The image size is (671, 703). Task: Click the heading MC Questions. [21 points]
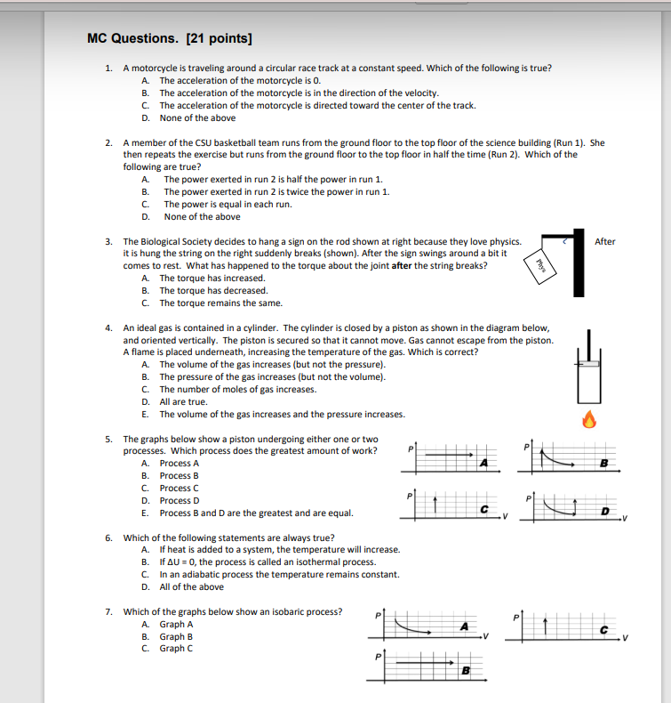click(169, 38)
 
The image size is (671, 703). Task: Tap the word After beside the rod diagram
click(604, 241)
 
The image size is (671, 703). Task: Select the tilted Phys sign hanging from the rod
click(538, 265)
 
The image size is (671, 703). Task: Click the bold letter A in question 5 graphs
click(483, 463)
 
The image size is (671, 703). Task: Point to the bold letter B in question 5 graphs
click(603, 463)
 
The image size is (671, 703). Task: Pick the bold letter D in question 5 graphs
click(603, 510)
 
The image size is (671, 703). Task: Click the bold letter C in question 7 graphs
click(603, 630)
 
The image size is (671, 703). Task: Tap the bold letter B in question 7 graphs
click(464, 669)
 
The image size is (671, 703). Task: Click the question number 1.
click(108, 68)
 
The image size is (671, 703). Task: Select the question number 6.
click(108, 537)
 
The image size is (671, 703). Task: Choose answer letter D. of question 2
click(145, 216)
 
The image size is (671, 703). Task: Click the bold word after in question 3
click(404, 265)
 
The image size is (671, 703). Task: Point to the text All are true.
click(183, 401)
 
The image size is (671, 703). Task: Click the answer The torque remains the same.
click(213, 303)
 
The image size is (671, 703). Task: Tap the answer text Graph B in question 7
click(176, 636)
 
